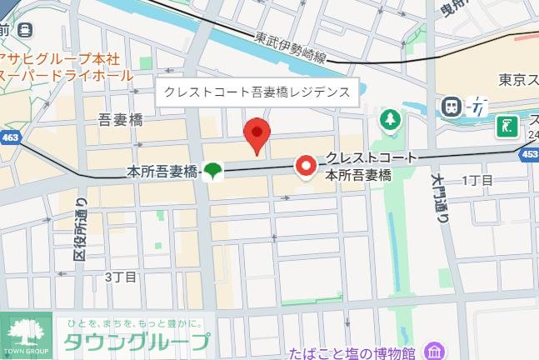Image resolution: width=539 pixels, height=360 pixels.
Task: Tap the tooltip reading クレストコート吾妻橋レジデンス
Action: (256, 92)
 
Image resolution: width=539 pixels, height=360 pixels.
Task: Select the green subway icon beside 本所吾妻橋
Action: (213, 172)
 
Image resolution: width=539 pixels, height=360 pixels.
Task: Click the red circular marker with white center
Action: (307, 167)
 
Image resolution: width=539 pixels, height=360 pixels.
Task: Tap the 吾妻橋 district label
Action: (120, 120)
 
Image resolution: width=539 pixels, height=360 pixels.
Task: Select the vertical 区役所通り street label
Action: (81, 229)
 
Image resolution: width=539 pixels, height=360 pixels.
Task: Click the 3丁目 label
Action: (120, 277)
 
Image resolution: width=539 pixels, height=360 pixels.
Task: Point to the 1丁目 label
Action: (477, 181)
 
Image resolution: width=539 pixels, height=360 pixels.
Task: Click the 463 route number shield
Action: (10, 136)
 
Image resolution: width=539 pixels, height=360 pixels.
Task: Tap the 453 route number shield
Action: (529, 154)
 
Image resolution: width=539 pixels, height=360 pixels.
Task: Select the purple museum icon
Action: (433, 351)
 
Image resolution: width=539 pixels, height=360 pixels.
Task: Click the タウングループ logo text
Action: (137, 342)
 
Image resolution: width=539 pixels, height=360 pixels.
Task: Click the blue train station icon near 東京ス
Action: (452, 107)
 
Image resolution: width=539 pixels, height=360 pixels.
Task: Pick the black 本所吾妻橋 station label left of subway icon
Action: (162, 172)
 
